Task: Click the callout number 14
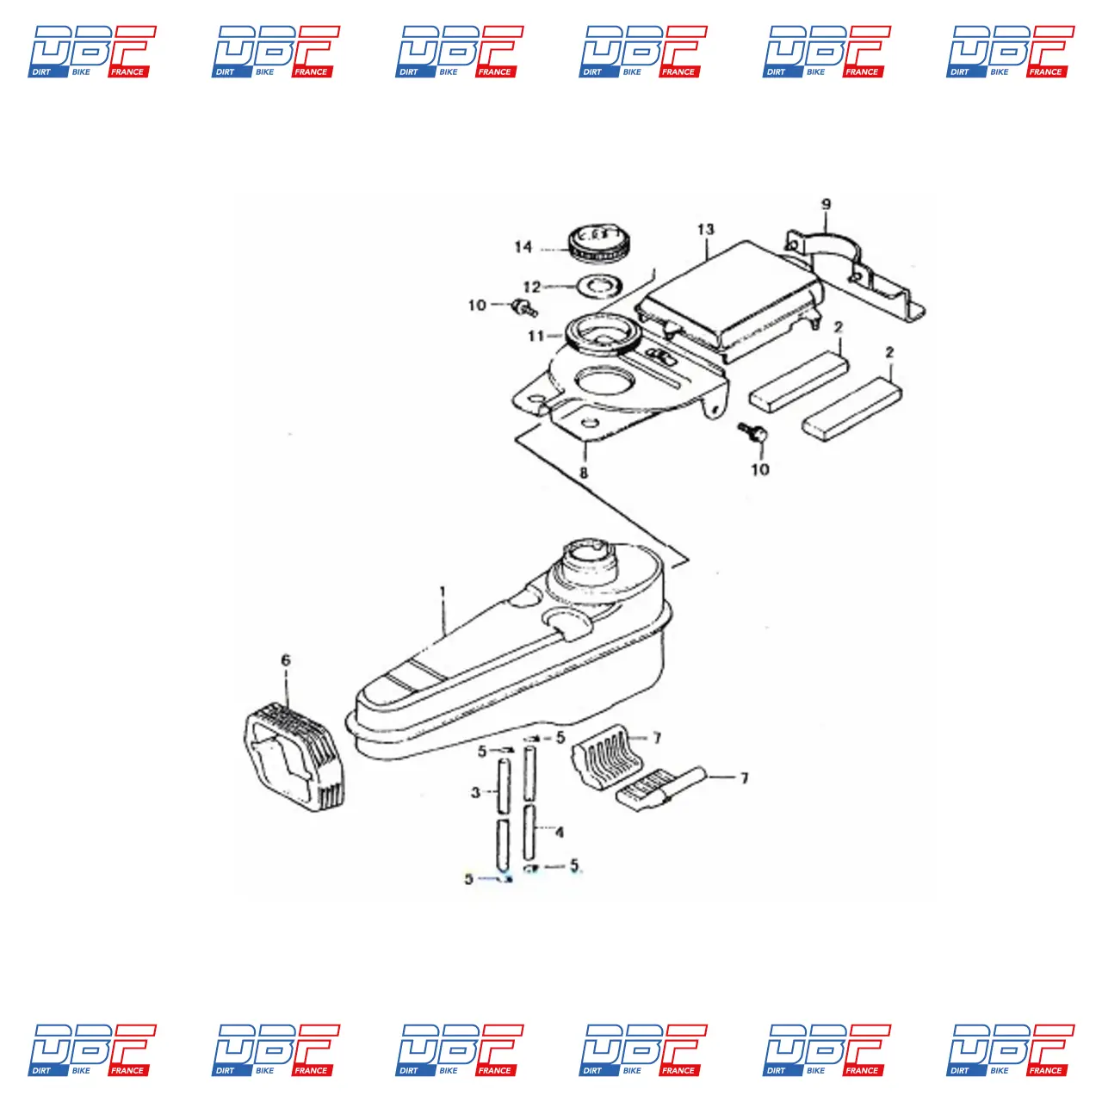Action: point(523,247)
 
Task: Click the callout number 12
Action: point(532,288)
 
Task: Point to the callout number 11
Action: point(536,336)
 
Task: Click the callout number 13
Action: point(706,230)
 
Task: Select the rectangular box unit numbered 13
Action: point(727,301)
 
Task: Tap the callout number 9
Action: point(826,205)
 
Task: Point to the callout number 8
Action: point(585,473)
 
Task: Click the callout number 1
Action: point(443,592)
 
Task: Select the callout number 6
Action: point(286,660)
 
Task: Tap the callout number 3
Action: point(475,792)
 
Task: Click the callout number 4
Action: point(560,833)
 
